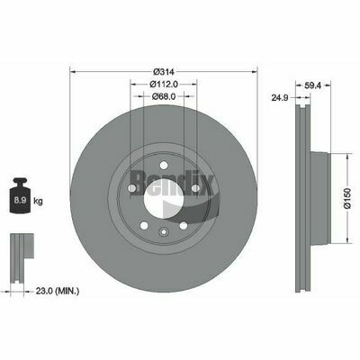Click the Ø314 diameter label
click(164, 72)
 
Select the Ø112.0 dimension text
click(164, 85)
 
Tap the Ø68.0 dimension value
click(164, 96)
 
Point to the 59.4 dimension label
click(313, 85)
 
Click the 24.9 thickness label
click(280, 97)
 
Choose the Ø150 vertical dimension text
click(347, 198)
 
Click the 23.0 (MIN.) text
click(58, 291)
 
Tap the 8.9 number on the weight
click(20, 201)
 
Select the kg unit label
click(38, 201)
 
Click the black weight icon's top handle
click(20, 182)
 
